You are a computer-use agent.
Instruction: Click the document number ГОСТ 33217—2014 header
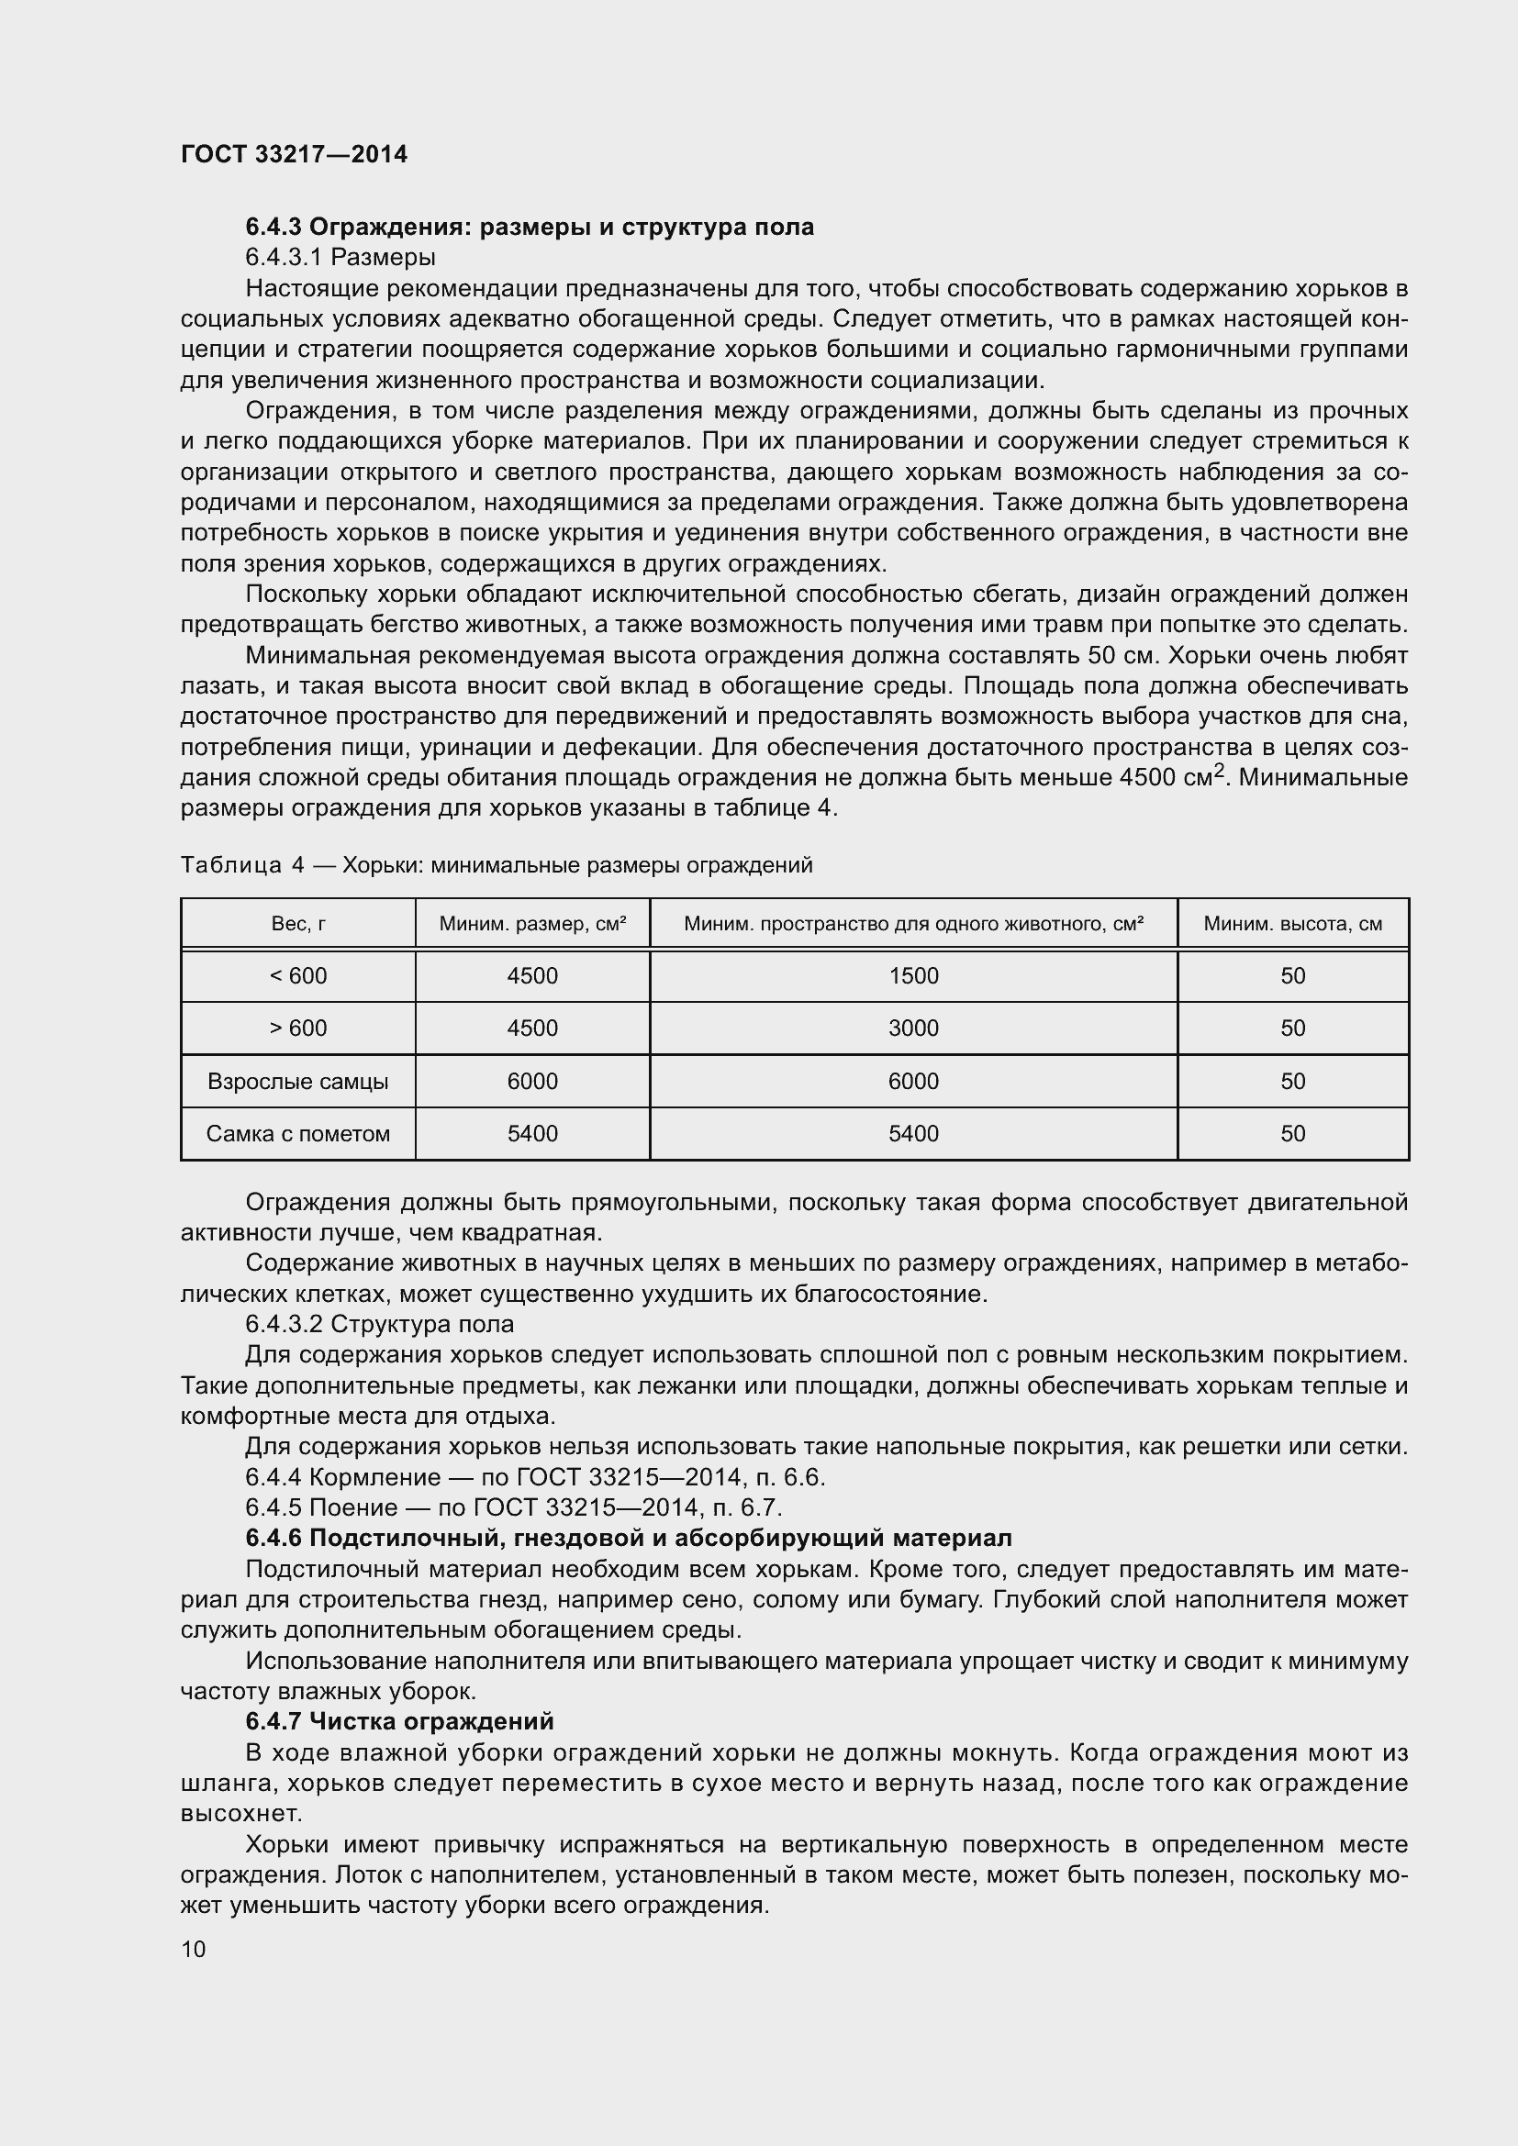coord(294,154)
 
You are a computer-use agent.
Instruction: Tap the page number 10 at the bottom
coord(194,1950)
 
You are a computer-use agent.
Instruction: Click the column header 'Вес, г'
coord(298,925)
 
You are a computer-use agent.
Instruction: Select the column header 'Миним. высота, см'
coord(1293,925)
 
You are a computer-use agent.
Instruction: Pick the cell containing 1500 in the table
coord(913,977)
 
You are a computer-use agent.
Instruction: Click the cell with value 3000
coord(913,1029)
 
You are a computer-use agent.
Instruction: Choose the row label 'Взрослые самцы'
coord(298,1083)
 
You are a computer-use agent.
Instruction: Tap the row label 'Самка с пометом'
coord(298,1135)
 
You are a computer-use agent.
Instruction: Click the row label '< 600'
coord(298,977)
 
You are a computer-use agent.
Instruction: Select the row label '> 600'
coord(298,1029)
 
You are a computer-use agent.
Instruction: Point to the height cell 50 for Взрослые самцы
coord(1293,1083)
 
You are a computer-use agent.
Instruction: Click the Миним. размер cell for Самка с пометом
coord(532,1135)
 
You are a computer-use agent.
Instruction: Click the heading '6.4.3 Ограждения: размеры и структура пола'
coord(529,228)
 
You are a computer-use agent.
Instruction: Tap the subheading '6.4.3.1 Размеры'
coord(340,257)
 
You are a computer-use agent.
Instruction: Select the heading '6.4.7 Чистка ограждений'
coord(400,1721)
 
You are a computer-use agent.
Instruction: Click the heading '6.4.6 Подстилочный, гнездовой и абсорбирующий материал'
coord(628,1539)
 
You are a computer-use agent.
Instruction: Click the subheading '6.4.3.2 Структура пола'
coord(380,1325)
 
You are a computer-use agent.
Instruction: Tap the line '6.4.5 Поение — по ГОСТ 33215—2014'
coord(513,1507)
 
